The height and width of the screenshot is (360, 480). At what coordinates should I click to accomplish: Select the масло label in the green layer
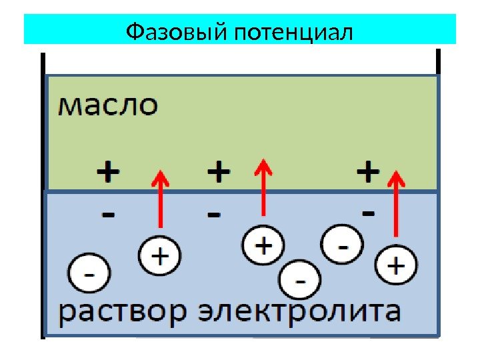[x=109, y=106]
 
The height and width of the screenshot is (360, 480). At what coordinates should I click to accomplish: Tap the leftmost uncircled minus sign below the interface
[x=108, y=215]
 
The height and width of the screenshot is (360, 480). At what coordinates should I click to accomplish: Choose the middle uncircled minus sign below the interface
[x=213, y=215]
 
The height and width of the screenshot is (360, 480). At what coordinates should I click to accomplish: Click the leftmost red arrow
[x=160, y=200]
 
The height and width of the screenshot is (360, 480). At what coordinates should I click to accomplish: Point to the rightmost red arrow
[x=397, y=203]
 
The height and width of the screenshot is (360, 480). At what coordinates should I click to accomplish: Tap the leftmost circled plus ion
[x=160, y=255]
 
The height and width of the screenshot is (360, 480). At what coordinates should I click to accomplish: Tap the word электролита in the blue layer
[x=301, y=312]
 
